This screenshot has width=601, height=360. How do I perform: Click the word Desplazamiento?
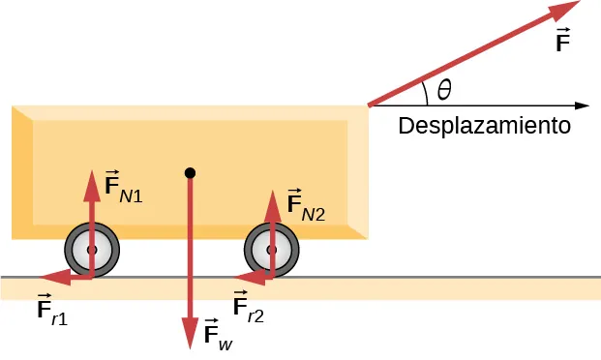[x=484, y=127]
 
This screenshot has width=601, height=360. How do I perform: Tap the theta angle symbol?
[x=444, y=90]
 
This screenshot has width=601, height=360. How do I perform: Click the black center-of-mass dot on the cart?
[x=190, y=173]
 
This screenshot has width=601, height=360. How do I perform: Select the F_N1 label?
[x=123, y=189]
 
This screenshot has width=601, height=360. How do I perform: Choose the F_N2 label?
[x=305, y=206]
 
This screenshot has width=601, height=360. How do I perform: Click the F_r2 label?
[x=249, y=309]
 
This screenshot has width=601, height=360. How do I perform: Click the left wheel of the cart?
[x=92, y=250]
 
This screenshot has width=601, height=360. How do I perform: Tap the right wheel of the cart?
[x=271, y=250]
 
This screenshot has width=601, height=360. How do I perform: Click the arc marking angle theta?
[x=426, y=91]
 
